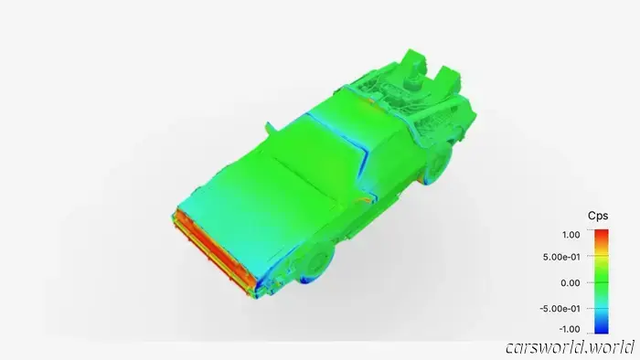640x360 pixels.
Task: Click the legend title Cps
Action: [x=598, y=216]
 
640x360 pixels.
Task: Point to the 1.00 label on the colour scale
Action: [x=571, y=235]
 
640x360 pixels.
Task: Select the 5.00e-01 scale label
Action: [x=561, y=258]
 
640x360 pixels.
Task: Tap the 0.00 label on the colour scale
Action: [x=571, y=283]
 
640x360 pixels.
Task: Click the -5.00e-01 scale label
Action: [x=560, y=309]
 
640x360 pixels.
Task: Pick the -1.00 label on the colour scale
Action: [x=570, y=329]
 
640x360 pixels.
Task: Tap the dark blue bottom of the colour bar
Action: [x=602, y=330]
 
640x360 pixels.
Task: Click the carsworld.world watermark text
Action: [x=570, y=348]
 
